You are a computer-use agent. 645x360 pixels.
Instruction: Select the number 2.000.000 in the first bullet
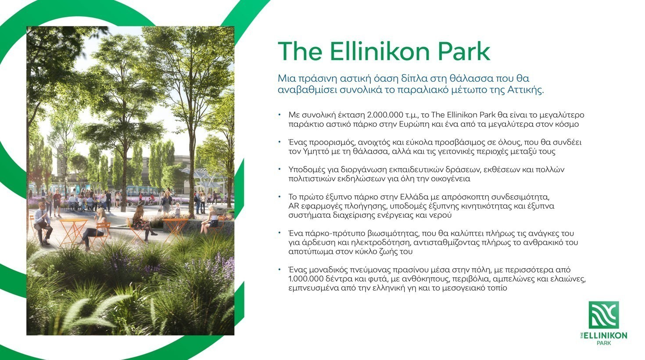[x=385, y=115]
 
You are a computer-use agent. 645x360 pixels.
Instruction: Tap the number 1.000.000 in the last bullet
[x=306, y=279]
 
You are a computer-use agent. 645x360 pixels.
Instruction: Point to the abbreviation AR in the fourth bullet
[x=293, y=206]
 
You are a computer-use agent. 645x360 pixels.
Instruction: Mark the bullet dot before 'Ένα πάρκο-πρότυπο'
[x=279, y=233]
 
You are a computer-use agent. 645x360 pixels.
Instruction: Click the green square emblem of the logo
[x=604, y=315]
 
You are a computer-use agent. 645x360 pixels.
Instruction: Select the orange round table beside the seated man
[x=73, y=230]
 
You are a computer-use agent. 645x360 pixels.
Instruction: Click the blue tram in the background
[x=143, y=191]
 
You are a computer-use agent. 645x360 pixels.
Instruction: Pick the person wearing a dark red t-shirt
[x=57, y=202]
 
